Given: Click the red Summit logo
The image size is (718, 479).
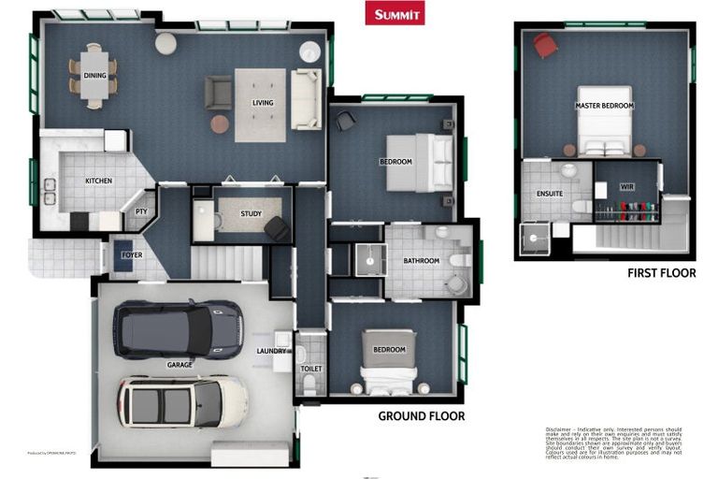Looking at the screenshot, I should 394,13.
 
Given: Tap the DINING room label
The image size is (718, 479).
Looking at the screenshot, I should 94,76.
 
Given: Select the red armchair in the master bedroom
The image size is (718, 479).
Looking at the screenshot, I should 544,45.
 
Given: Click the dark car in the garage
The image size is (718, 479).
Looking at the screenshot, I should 178,329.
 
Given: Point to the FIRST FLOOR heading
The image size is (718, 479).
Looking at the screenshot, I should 661,273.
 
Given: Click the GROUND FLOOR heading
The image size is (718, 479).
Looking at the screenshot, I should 421,416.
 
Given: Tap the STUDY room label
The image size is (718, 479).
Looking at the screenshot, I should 251,214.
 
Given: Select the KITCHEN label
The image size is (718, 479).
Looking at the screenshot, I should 99,181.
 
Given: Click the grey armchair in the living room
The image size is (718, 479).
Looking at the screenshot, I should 218,92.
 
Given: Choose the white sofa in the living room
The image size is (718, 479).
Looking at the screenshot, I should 305,98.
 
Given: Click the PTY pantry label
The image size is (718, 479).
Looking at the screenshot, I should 141,211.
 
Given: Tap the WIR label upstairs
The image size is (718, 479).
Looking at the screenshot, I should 626,187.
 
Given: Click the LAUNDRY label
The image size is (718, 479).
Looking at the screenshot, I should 270,351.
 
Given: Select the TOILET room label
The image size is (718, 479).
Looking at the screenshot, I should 310,369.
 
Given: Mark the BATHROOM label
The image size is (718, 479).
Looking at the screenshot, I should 421,261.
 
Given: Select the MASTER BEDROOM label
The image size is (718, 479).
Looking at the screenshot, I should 604,106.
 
